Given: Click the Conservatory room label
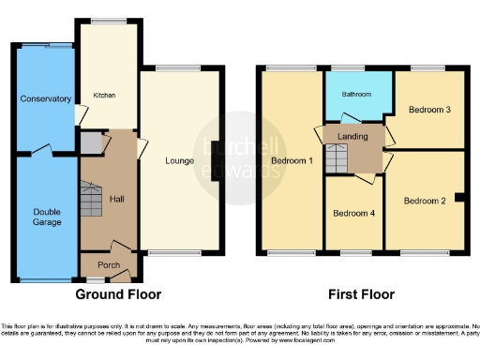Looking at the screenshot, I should (45, 98).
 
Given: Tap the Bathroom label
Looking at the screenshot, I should (356, 95).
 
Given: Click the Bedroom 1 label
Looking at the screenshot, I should (292, 160).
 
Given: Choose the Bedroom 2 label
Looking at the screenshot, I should (426, 200).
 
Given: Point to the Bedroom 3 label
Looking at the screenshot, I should (430, 110).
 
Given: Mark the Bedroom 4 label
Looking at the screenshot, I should (354, 213).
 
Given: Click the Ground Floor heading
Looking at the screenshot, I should (118, 293).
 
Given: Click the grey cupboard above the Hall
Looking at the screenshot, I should (91, 143).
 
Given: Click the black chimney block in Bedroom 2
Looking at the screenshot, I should (458, 197).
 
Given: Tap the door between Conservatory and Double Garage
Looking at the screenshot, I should (42, 149).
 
